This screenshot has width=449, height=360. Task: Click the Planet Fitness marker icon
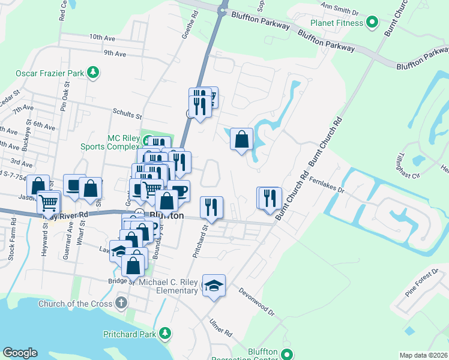[372, 23]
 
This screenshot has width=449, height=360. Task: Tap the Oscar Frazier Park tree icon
[93, 73]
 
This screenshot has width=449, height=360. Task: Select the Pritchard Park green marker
[163, 333]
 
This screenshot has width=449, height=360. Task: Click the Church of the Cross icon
[121, 302]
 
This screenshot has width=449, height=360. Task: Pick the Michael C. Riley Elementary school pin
[213, 286]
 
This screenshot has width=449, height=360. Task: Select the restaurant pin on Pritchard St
[211, 208]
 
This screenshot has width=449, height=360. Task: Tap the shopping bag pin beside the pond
[241, 139]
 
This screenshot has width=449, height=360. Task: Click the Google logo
[19, 353]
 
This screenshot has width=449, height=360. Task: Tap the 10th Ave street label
[101, 37]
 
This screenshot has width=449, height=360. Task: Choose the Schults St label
[127, 112]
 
